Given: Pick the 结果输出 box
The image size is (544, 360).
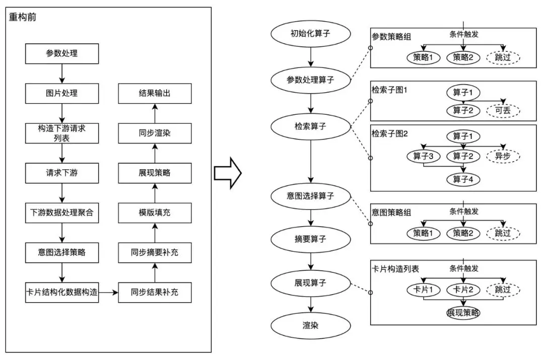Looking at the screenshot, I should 155,93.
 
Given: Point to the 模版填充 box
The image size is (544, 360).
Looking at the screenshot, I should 155,212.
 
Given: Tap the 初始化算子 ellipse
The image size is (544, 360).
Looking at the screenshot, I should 311,34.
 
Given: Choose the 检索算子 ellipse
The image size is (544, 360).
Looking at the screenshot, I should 311,125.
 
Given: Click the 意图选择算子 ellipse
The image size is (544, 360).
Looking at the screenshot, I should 311,195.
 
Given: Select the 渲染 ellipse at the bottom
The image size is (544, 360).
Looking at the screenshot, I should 311,326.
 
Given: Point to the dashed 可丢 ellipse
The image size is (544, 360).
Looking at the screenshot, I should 503,110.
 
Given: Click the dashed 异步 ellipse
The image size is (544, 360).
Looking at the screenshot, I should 503,157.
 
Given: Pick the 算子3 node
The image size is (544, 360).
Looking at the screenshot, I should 423,157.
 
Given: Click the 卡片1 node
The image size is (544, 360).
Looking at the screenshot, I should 423,290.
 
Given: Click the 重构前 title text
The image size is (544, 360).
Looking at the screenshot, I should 23,17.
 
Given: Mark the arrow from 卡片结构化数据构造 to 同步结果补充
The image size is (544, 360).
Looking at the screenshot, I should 108,292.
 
